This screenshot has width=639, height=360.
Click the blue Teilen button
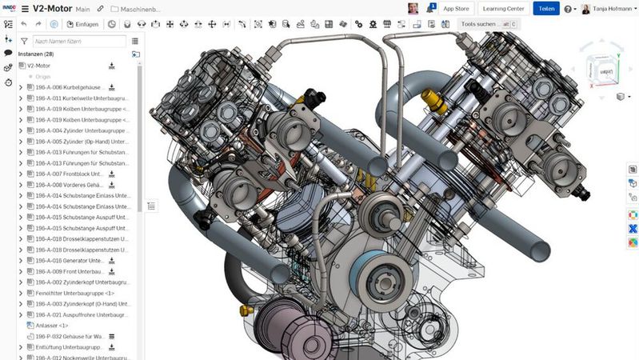545,9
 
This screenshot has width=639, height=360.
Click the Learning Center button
504,9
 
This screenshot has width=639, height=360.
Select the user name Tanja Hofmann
613,9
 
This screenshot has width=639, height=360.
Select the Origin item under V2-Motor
43,76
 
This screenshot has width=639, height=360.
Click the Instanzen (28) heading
35,54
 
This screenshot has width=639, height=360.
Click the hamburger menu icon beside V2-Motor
24,9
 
